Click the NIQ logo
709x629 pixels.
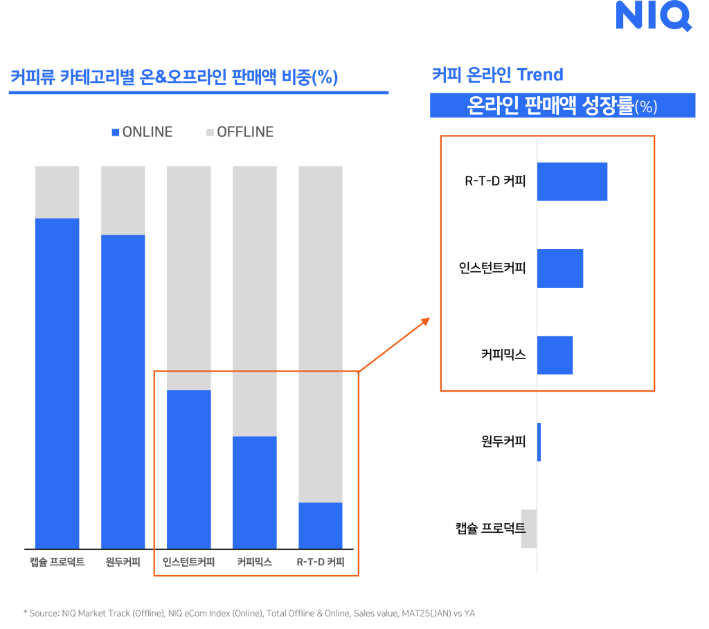pyautogui.click(x=653, y=15)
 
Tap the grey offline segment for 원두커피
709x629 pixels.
pyautogui.click(x=123, y=200)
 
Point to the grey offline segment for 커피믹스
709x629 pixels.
pyautogui.click(x=254, y=301)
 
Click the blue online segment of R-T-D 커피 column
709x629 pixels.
pyautogui.click(x=321, y=525)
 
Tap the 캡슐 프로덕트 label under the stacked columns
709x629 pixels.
pyautogui.click(x=57, y=562)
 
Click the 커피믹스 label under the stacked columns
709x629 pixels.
pyautogui.click(x=254, y=562)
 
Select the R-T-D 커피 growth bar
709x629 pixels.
pyautogui.click(x=572, y=182)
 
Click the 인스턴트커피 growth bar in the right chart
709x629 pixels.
pyautogui.click(x=560, y=268)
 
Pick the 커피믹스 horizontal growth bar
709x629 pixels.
pyautogui.click(x=555, y=355)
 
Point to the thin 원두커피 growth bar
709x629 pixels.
pyautogui.click(x=539, y=441)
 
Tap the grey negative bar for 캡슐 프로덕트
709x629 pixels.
pyautogui.click(x=528, y=529)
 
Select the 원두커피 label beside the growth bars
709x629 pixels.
pyautogui.click(x=503, y=441)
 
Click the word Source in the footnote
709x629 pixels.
pyautogui.click(x=46, y=613)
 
